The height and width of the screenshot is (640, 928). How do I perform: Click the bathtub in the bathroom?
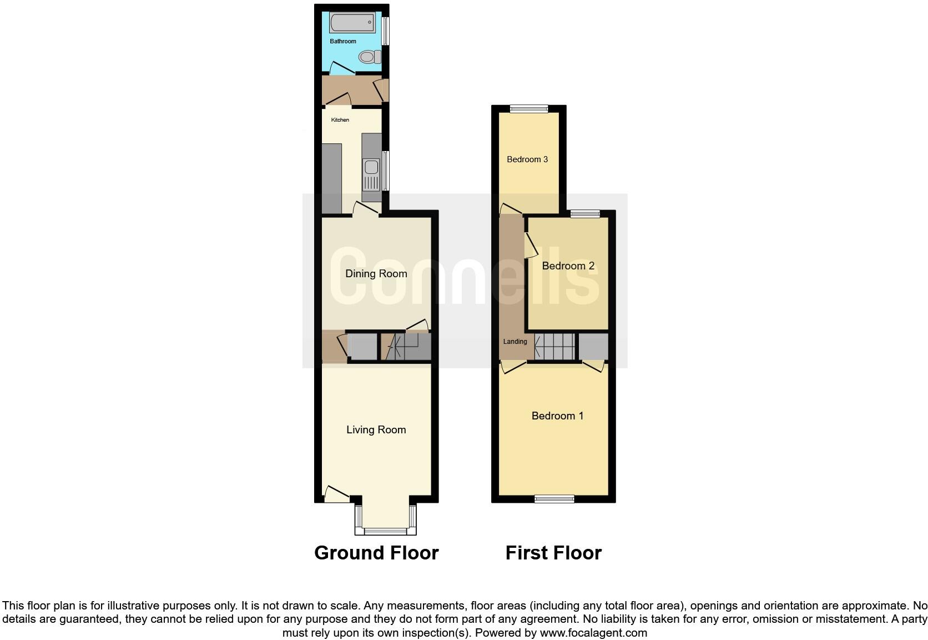[x=352, y=23]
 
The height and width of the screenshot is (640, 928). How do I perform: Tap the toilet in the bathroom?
[x=369, y=57]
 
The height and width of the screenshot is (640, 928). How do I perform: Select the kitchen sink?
[x=371, y=167]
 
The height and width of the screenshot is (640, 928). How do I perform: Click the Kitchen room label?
[x=340, y=120]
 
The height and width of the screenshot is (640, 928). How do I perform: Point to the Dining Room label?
[x=376, y=273]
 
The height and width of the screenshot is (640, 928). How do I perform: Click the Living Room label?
[x=376, y=429]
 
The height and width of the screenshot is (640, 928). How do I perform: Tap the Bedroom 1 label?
[x=557, y=416]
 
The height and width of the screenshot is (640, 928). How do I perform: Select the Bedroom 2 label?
[x=568, y=266]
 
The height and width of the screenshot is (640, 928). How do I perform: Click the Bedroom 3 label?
[x=527, y=159]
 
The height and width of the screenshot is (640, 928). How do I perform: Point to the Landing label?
[x=515, y=342]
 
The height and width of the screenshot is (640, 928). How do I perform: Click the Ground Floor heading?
[x=376, y=553]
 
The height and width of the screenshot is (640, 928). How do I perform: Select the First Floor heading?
[x=553, y=553]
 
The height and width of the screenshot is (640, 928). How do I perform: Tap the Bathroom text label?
[x=343, y=41]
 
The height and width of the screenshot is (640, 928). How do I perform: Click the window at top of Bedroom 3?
[x=529, y=109]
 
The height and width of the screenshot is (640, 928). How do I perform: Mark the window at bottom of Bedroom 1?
[x=554, y=499]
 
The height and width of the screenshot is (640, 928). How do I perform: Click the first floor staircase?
[x=555, y=346]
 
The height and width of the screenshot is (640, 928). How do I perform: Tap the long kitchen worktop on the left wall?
[x=332, y=178]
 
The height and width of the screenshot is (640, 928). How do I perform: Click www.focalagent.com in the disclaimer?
[x=593, y=632]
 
